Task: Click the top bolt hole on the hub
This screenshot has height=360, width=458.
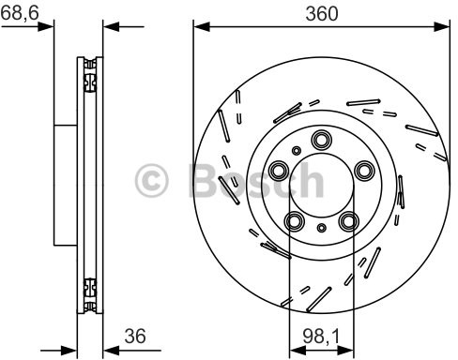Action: tap(321, 141)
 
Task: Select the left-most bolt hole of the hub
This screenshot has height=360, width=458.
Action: tap(279, 171)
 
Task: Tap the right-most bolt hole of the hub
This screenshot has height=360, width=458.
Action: tap(363, 170)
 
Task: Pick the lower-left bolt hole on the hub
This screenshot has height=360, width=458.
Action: tap(295, 221)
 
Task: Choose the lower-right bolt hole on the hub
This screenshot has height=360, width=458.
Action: tap(349, 221)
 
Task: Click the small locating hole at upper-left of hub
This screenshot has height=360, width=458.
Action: tap(297, 149)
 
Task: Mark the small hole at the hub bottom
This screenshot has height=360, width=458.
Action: tap(322, 228)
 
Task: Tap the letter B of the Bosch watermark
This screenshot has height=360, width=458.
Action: tap(205, 177)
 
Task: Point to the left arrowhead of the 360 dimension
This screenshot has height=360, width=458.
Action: tap(199, 27)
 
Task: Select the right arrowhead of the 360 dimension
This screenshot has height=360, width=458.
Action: tap(443, 27)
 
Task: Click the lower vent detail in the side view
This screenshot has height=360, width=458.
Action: tap(90, 288)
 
